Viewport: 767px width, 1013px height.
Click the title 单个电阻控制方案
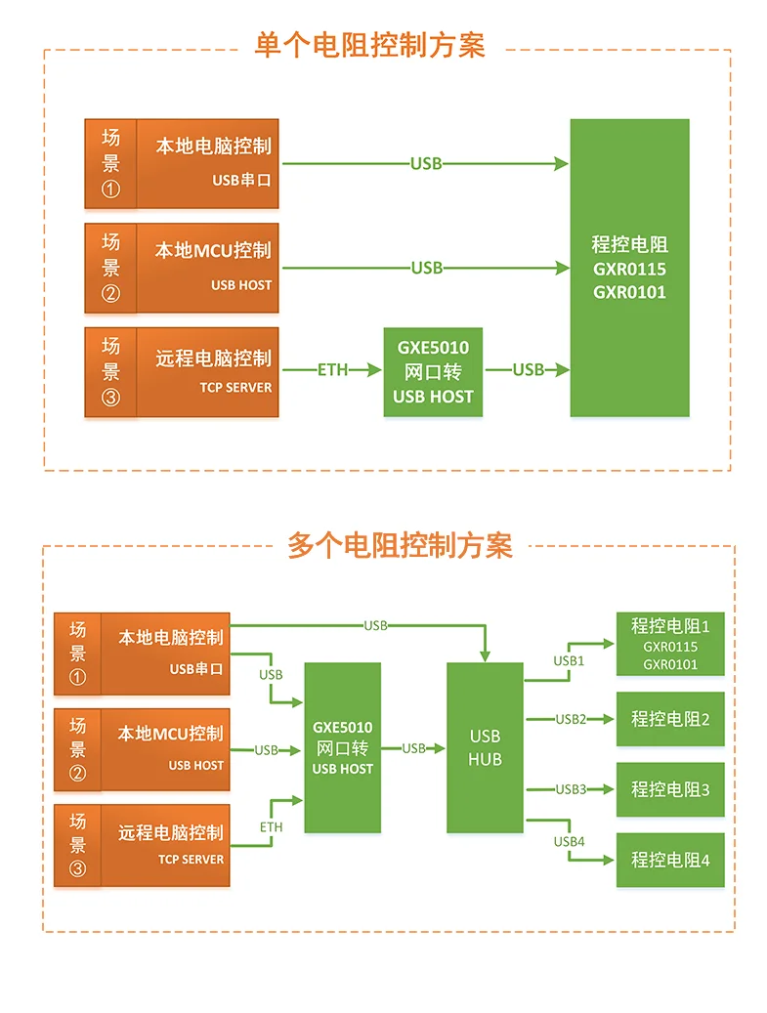[369, 46]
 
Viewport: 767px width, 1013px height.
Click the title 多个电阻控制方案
[400, 545]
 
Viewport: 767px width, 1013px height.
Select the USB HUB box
[485, 747]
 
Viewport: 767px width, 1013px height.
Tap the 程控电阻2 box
[670, 719]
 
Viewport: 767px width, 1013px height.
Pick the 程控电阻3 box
[670, 789]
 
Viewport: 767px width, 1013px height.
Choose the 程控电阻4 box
[670, 860]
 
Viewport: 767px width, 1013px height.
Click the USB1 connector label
[569, 660]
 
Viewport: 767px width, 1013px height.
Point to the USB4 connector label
[569, 841]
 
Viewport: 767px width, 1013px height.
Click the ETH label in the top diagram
[332, 369]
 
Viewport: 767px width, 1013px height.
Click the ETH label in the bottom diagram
[271, 827]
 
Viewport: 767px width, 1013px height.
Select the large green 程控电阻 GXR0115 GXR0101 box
[629, 268]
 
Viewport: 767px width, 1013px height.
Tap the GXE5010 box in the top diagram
[433, 372]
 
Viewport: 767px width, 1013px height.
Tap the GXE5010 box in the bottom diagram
[342, 747]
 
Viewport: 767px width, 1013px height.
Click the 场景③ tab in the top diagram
[110, 372]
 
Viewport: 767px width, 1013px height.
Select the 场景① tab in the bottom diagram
[77, 654]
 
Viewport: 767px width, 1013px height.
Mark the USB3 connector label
[571, 789]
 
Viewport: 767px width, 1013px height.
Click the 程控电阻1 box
[670, 644]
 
